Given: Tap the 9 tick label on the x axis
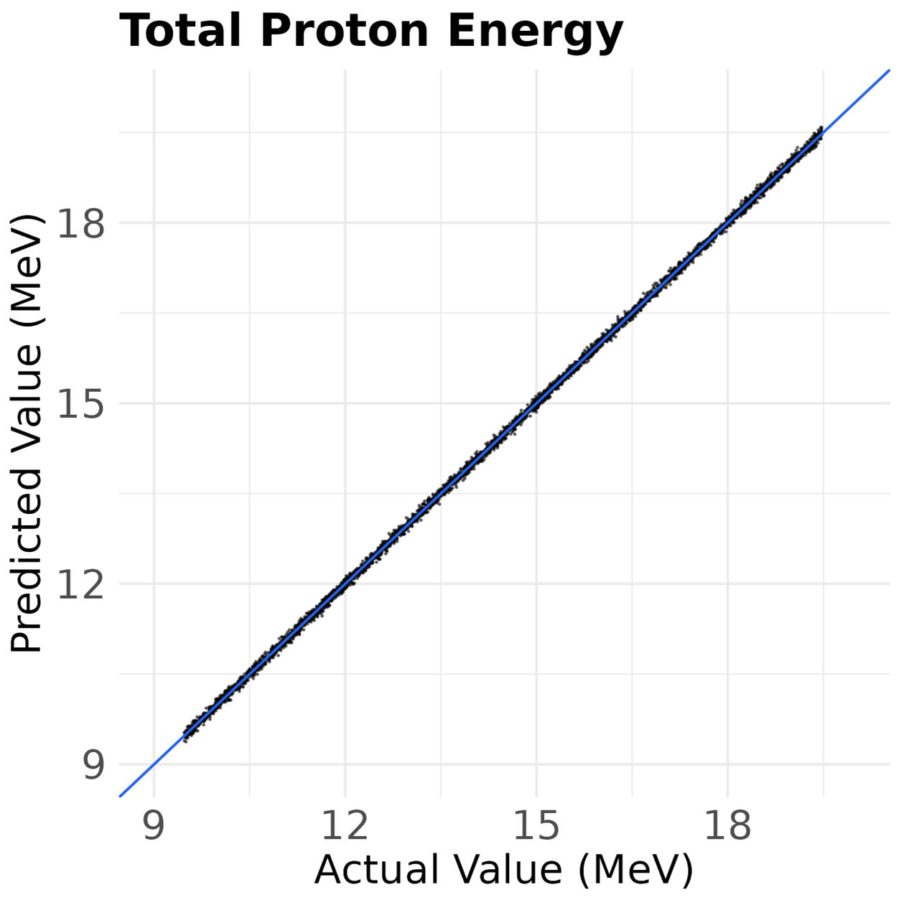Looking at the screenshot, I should tap(154, 826).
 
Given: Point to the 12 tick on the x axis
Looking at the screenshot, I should tap(345, 826).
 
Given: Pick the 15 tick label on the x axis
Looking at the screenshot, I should tap(536, 826).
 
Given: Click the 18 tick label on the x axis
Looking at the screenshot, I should tap(727, 826).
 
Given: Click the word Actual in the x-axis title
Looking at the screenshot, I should tap(377, 870).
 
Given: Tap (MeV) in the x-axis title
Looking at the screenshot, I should tap(635, 870).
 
